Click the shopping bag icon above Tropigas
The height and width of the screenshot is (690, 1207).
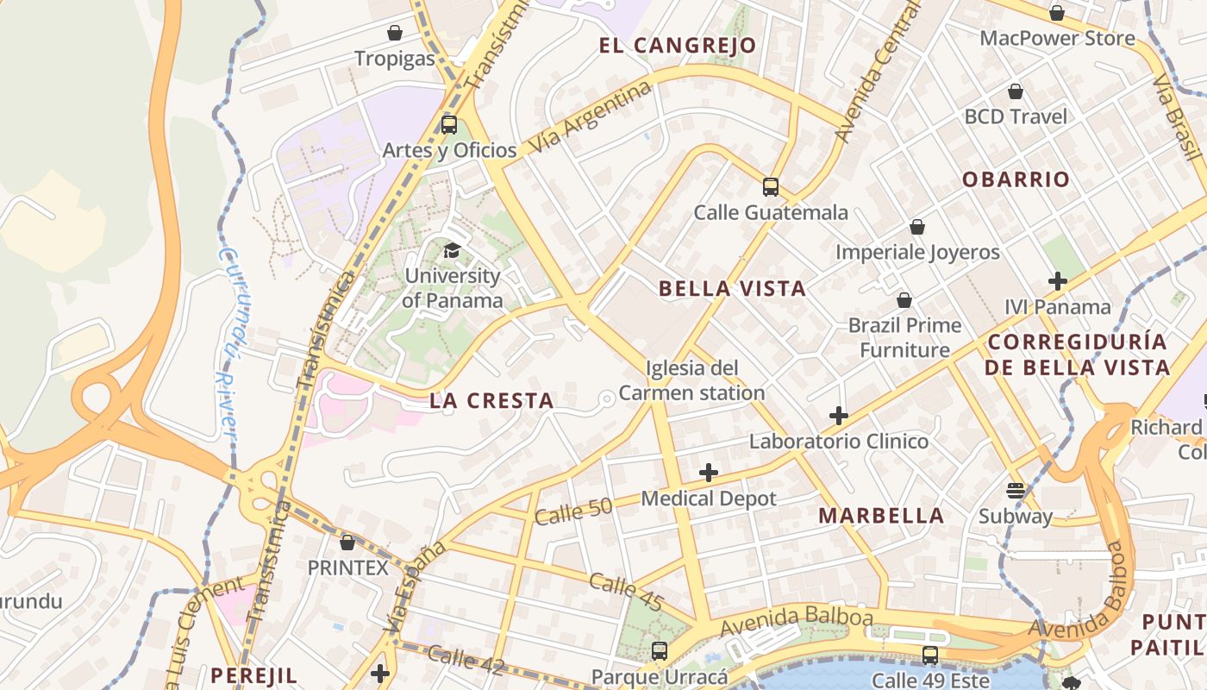point(395,33)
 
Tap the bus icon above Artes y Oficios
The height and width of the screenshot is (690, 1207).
point(449,124)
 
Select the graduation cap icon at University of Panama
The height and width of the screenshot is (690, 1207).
point(452,250)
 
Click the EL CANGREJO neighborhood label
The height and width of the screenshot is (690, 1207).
point(678,46)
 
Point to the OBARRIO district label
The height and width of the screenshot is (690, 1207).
point(1016,179)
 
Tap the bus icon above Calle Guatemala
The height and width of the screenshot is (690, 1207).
point(771,187)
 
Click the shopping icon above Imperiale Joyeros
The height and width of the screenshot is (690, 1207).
point(917,227)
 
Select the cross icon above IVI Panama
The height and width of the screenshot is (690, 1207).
point(1058,281)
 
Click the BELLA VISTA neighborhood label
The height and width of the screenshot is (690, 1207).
point(733,289)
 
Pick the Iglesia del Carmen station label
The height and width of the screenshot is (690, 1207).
point(691,380)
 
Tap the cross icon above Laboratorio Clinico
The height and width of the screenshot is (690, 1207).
point(839,416)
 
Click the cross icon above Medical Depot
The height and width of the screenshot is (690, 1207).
point(709,473)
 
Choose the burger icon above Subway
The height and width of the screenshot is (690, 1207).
point(1016,491)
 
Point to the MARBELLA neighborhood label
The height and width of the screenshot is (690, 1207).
point(881,516)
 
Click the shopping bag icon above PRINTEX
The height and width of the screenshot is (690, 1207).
point(347,543)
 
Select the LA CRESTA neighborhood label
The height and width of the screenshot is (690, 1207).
point(491,400)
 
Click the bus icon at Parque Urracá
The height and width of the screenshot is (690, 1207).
point(660,651)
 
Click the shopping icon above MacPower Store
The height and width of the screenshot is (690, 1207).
point(1057,13)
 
